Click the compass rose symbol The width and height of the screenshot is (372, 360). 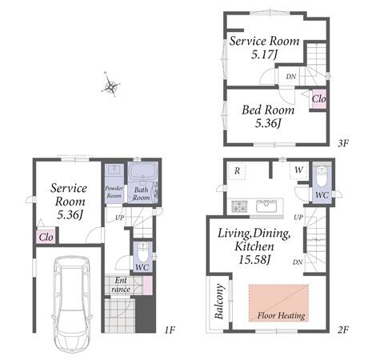tap(110, 84)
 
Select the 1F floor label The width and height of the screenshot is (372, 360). tap(170, 330)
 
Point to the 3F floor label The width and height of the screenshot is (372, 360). tap(343, 143)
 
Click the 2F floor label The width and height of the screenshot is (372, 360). tap(343, 330)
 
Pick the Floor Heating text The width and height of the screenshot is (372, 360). tap(281, 315)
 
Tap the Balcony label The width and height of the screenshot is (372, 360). tap(219, 302)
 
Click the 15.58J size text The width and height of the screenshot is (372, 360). tap(254, 259)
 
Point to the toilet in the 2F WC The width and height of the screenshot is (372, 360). tap(322, 177)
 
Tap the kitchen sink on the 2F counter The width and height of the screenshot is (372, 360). tap(266, 206)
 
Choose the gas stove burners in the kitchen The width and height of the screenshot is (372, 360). tap(239, 206)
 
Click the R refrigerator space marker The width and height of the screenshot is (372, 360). tap(237, 170)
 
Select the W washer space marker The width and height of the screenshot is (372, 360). tap(299, 170)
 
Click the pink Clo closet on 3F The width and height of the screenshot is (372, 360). tap(318, 99)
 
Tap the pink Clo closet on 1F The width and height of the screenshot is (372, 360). tap(46, 237)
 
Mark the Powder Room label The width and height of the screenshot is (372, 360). tap(114, 192)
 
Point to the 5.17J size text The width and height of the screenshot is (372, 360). tap(264, 54)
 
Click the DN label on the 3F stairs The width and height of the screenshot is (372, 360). tap(291, 77)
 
